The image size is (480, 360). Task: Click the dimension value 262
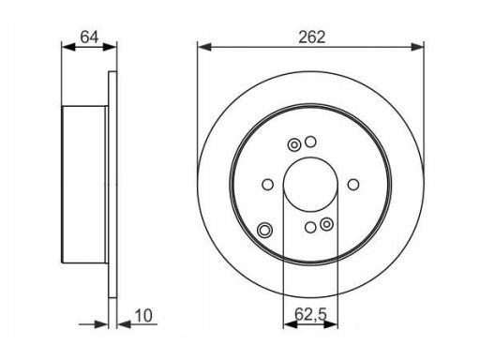coord(312,37)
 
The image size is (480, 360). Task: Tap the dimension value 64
coord(89,37)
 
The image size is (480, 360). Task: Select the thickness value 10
coord(143,315)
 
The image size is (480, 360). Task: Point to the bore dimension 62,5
coord(310,314)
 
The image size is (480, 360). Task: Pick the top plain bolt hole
coord(310,142)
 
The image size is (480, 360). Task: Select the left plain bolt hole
coord(267,185)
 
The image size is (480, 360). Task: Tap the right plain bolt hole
coord(353,185)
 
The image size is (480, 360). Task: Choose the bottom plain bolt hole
coord(310,227)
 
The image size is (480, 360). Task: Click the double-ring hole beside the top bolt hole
coord(294,145)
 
